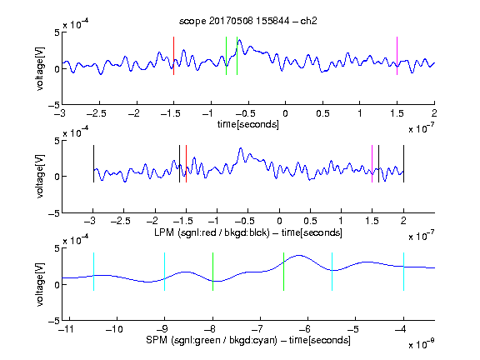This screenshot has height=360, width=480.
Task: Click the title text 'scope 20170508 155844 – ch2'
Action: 248,21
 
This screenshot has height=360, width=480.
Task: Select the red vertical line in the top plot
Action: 173,56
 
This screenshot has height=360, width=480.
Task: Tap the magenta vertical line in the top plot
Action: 397,56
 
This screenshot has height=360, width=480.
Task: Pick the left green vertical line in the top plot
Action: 226,56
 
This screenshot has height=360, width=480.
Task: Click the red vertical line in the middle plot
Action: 186,164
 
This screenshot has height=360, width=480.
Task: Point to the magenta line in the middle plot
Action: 372,164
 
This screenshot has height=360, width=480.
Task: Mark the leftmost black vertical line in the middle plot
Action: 93,164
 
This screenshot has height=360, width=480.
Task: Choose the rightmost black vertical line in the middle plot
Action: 403,164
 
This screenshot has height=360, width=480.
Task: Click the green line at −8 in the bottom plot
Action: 212,272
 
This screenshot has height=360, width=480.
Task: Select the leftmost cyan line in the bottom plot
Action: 93,272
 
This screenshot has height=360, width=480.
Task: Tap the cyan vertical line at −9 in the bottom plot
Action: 165,272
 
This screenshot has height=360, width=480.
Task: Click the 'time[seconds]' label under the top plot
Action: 248,124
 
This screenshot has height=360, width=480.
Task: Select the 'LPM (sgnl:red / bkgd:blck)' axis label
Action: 212,232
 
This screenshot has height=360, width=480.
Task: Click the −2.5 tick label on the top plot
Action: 97,113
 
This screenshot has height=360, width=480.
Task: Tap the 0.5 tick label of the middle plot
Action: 310,221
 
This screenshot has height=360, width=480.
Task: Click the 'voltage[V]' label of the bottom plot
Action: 40,284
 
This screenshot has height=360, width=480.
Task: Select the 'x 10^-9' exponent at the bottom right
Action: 422,344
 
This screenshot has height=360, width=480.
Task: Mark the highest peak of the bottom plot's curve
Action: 299,255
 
